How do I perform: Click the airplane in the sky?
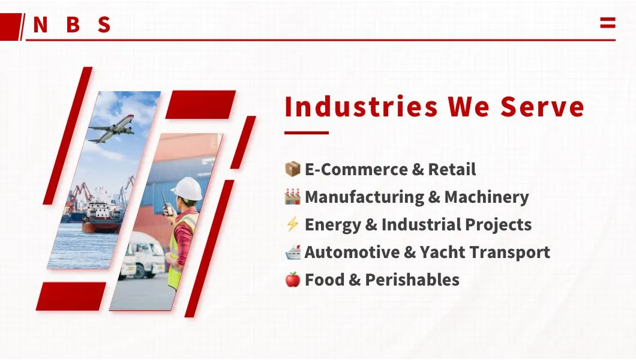112,129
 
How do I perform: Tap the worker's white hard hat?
188,188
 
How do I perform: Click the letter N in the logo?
40,25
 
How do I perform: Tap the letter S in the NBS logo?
104,25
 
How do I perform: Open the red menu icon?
607,23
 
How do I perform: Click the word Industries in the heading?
361,107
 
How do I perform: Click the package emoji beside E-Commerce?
292,169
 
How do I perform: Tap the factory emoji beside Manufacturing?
292,197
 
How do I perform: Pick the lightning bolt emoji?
292,224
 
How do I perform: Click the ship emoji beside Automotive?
292,252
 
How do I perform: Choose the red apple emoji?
292,280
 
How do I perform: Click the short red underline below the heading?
307,133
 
